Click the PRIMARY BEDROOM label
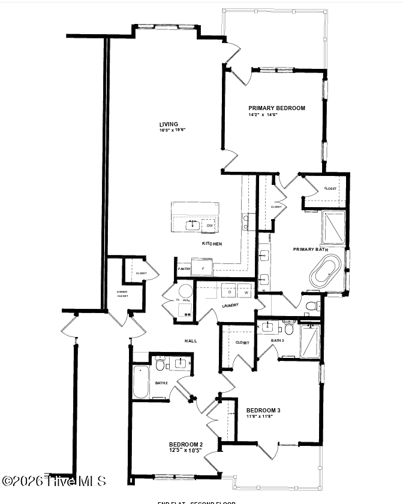(276, 108)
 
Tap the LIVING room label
(169, 125)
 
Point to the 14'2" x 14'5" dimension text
(263, 115)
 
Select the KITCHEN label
(212, 244)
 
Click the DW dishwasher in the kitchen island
(210, 225)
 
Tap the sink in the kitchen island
(191, 224)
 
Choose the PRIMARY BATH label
(310, 249)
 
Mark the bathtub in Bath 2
(141, 381)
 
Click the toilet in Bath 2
(160, 365)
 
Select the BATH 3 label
(277, 341)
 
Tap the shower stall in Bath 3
(310, 341)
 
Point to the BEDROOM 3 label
(263, 411)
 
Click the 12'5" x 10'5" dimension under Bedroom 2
(185, 450)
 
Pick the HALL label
(191, 341)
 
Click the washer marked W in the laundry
(245, 292)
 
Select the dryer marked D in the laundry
(229, 292)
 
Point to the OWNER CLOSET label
(122, 294)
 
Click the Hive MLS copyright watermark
(54, 481)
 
